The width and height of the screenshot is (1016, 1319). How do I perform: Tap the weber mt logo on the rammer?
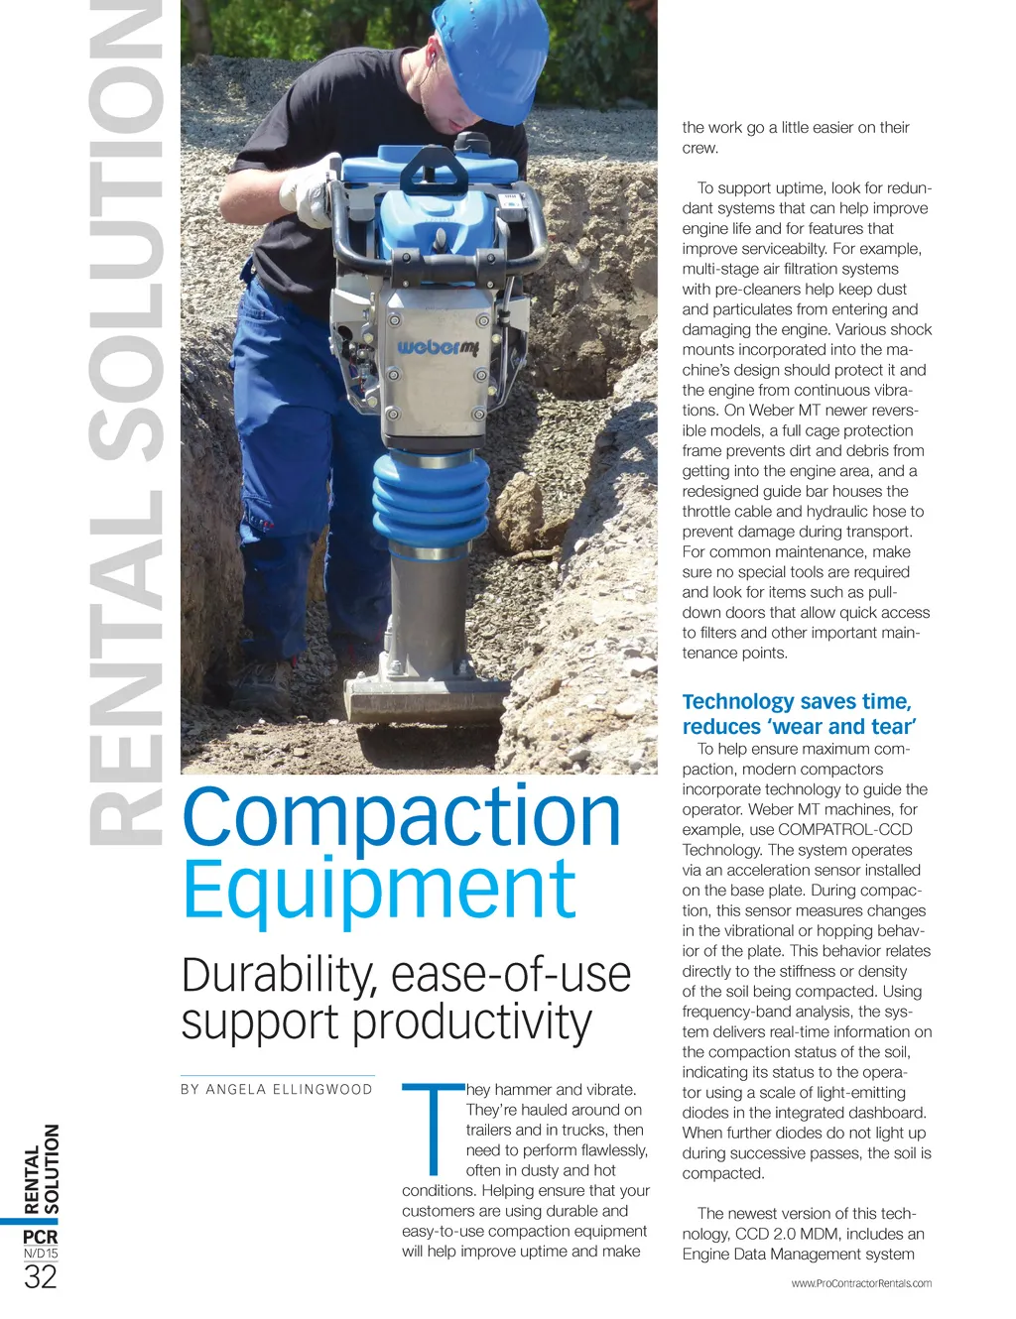[x=438, y=348]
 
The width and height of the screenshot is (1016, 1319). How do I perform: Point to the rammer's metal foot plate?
[x=427, y=698]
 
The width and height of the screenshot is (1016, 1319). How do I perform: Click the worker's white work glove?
[x=308, y=194]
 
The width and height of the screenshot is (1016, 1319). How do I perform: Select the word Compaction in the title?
[x=401, y=817]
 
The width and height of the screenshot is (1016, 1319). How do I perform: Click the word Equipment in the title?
[x=379, y=890]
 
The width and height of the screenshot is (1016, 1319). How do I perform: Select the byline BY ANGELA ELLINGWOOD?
[x=277, y=1089]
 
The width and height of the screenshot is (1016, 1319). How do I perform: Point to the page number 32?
[x=41, y=1276]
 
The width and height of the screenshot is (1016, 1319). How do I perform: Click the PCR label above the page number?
[x=41, y=1237]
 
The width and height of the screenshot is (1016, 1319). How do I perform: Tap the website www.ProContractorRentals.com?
[x=861, y=1283]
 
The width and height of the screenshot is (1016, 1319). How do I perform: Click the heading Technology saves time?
[x=796, y=702]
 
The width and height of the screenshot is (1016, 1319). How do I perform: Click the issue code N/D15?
[x=41, y=1254]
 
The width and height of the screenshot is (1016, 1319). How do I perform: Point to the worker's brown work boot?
[x=261, y=680]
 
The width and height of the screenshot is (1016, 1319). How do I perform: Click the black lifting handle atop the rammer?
[x=434, y=169]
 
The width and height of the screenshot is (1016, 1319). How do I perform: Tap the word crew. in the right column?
[x=699, y=148]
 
